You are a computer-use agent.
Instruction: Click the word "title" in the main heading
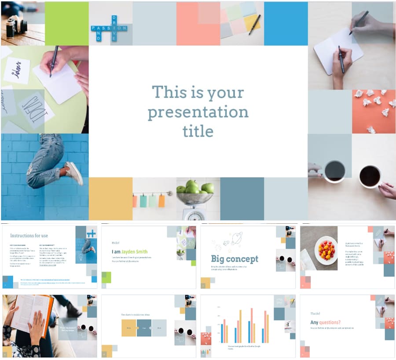tap(198, 131)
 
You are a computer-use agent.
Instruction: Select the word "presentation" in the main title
tap(198, 113)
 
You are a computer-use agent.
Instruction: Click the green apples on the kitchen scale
tap(194, 187)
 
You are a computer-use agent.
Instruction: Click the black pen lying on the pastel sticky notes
tap(254, 25)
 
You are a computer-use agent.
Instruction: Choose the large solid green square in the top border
tap(66, 23)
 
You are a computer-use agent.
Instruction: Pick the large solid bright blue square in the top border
tap(286, 23)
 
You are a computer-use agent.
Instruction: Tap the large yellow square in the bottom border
tap(110, 199)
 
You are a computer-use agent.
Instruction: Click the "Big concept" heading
tap(235, 259)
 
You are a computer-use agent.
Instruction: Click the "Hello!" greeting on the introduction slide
tap(116, 242)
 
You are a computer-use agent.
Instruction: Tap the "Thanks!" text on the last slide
tap(315, 313)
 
